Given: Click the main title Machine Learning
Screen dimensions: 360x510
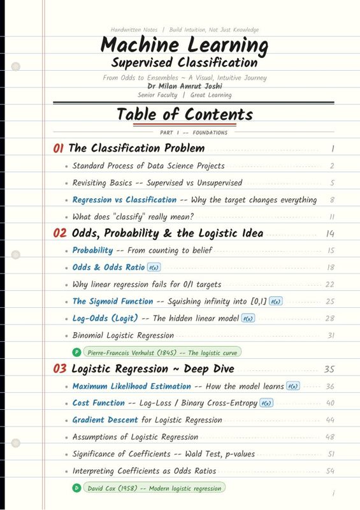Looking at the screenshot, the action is point(184,46).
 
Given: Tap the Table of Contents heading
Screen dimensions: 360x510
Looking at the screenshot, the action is point(184,115).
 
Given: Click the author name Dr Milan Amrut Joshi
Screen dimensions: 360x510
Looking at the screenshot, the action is point(184,86).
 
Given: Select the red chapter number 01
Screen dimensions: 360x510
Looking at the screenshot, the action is point(59,149).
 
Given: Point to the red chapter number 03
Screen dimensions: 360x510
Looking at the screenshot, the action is point(60,368).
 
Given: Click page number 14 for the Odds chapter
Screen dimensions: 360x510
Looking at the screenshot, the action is point(329,233).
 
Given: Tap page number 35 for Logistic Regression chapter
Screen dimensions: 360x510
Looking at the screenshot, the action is point(329,369).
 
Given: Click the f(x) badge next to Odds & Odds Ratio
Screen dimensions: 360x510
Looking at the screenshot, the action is point(154,268).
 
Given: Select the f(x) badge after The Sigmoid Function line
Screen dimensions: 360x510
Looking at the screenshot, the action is point(276,302).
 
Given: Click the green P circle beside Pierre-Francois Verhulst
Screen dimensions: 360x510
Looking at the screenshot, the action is point(77,352).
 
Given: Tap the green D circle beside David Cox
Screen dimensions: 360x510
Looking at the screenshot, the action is point(77,488).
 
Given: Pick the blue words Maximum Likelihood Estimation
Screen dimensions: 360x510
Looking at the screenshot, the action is point(131,386).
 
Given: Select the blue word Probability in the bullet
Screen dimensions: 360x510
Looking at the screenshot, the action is point(92,251).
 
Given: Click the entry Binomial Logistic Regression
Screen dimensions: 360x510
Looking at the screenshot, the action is point(123,335).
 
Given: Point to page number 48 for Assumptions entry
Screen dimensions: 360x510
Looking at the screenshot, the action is point(329,437).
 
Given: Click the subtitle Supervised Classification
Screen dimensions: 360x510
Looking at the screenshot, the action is point(184,62).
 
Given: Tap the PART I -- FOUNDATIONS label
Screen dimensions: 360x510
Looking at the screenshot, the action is point(194,133).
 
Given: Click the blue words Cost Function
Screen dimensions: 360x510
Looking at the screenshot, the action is point(99,403).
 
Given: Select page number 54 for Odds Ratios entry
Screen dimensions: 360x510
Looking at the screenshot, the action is point(329,471).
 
